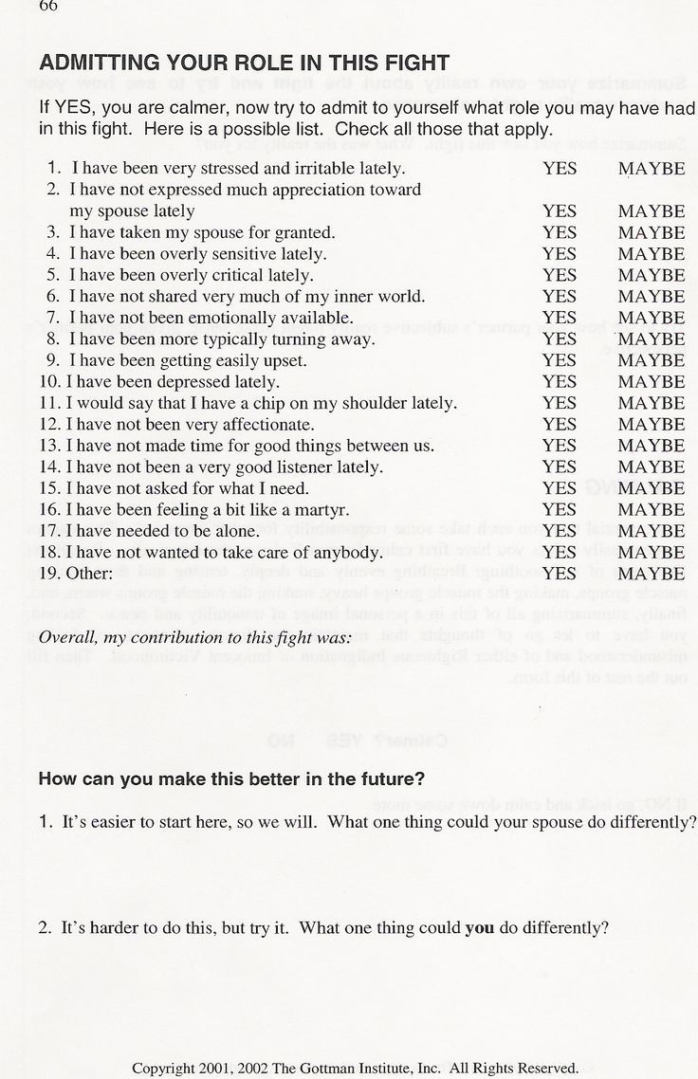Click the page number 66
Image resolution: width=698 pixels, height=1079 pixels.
click(x=49, y=7)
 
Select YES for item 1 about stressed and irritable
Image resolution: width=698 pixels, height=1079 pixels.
click(x=560, y=168)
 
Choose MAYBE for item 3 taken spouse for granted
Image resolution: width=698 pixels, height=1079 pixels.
click(x=652, y=232)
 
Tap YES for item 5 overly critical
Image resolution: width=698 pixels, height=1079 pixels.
click(x=560, y=275)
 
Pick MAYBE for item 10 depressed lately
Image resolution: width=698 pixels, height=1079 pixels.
click(x=652, y=382)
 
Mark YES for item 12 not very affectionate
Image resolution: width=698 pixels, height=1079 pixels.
click(x=560, y=425)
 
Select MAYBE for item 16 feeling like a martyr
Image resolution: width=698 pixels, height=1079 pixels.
click(x=652, y=509)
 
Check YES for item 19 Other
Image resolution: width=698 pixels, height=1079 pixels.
click(x=560, y=573)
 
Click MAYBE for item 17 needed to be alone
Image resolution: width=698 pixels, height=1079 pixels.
click(x=652, y=531)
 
